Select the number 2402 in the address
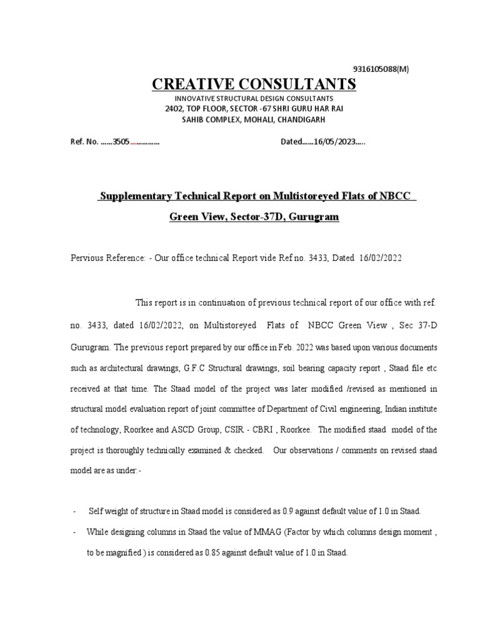[175, 109]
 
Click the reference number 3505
[121, 141]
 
